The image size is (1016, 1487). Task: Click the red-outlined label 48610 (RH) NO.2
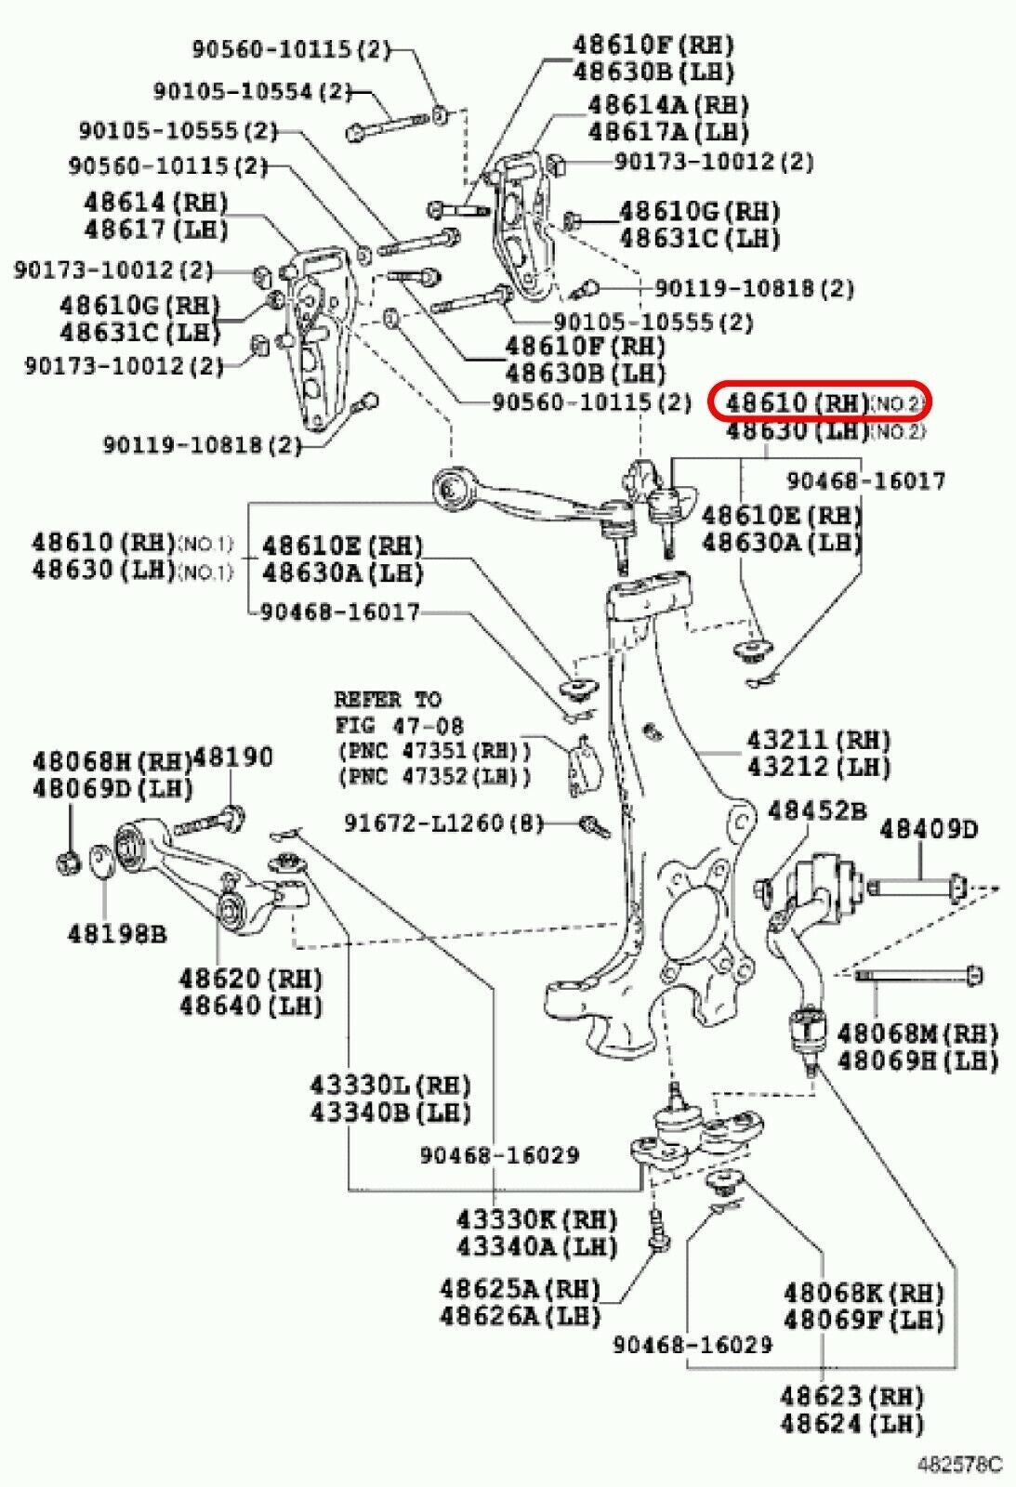pos(818,403)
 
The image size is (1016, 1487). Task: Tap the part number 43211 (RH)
pos(819,740)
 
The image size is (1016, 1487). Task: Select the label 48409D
pos(929,827)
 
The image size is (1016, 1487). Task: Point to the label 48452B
pos(816,811)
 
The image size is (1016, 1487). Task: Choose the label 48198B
pos(116,933)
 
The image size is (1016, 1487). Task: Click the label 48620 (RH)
pos(250,979)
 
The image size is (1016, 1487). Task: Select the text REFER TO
pos(388,699)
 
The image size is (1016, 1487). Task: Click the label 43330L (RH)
pos(390,1085)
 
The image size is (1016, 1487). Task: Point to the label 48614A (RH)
pos(667,104)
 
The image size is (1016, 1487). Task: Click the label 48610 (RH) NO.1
pos(131,542)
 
